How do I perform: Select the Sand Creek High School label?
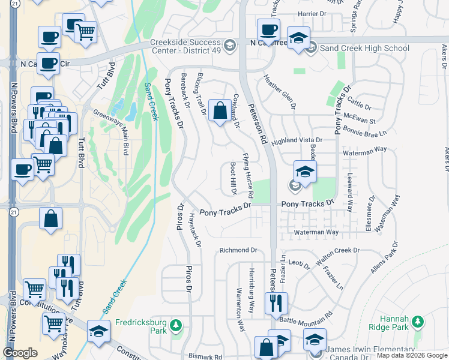[364, 48]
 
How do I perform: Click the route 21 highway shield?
[14, 212]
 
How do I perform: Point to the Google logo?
[20, 352]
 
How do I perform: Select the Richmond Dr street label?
[238, 250]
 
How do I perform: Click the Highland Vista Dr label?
[297, 140]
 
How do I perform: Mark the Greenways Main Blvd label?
[111, 129]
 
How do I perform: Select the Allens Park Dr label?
[385, 258]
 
